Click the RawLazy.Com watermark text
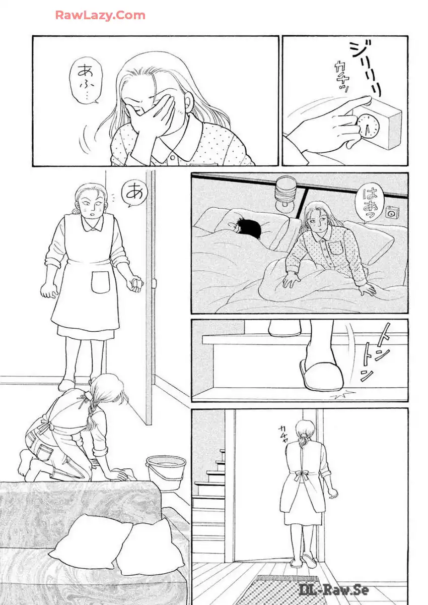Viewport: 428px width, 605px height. point(100,16)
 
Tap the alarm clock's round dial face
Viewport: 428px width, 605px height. point(368,126)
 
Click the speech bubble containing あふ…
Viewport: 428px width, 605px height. point(86,80)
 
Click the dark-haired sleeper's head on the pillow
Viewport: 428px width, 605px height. point(246,229)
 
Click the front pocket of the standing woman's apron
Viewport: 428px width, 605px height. point(100,282)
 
